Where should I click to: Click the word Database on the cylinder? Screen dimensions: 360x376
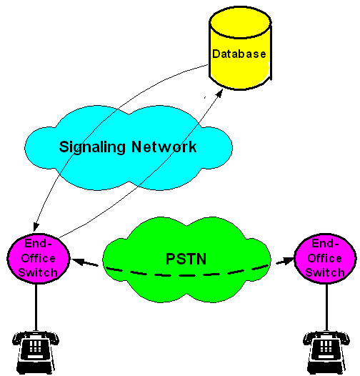coord(239,54)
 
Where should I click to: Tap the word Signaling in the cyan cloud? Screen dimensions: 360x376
coord(92,147)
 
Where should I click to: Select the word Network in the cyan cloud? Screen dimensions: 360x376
coord(164,147)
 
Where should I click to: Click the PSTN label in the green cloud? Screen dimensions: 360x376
coord(186,259)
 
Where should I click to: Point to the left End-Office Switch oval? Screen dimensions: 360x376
coord(39,259)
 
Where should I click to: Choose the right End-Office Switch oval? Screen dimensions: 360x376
coord(325,259)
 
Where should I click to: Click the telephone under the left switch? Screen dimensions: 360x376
coord(36,352)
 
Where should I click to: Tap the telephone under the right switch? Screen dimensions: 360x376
coord(326,352)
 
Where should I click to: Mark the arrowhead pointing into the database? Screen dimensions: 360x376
coord(219,93)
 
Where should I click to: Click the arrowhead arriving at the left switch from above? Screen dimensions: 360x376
coord(36,227)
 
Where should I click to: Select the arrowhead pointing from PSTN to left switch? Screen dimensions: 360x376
coord(78,261)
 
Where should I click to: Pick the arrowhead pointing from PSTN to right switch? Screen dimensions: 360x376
coord(288,260)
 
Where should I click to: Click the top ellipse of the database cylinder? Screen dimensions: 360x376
coord(241,22)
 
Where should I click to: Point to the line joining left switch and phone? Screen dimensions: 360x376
coord(36,307)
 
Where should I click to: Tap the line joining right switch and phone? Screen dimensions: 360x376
coord(326,307)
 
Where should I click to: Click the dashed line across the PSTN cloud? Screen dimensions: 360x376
coord(187,274)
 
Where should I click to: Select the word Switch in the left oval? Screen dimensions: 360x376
coord(38,272)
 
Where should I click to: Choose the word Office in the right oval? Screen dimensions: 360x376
coord(325,258)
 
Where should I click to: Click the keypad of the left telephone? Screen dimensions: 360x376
coord(36,346)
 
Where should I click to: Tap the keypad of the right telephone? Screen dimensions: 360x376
coord(326,346)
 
